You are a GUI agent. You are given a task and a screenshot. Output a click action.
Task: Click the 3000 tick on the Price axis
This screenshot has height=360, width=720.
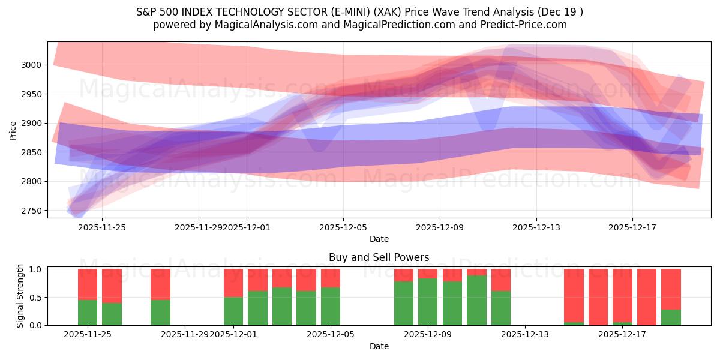click(33, 65)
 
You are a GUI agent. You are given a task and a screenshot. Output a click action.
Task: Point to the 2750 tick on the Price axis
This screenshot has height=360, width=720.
click(33, 211)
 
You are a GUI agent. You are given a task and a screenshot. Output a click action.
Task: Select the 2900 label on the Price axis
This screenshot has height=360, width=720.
click(33, 123)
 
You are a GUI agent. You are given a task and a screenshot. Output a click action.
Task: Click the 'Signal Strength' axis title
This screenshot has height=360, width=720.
click(20, 296)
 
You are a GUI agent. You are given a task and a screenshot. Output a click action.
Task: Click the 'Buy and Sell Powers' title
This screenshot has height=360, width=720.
click(379, 257)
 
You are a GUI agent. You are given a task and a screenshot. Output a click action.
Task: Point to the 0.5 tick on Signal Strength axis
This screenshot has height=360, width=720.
click(36, 297)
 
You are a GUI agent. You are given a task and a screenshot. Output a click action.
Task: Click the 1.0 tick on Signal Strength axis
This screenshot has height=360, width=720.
click(36, 269)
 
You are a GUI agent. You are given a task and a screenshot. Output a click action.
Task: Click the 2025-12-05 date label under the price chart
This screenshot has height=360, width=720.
click(343, 227)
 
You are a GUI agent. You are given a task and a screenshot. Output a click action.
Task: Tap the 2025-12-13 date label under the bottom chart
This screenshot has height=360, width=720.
click(524, 334)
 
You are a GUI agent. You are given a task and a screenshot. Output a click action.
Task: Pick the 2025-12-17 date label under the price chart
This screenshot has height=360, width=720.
click(633, 227)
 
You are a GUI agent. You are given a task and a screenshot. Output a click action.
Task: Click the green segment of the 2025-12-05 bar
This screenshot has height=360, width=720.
click(331, 306)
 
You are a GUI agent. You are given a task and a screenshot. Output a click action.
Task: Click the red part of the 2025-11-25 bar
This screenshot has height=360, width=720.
click(88, 284)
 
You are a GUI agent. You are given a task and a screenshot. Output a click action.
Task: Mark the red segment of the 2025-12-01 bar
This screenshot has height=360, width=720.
click(233, 283)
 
